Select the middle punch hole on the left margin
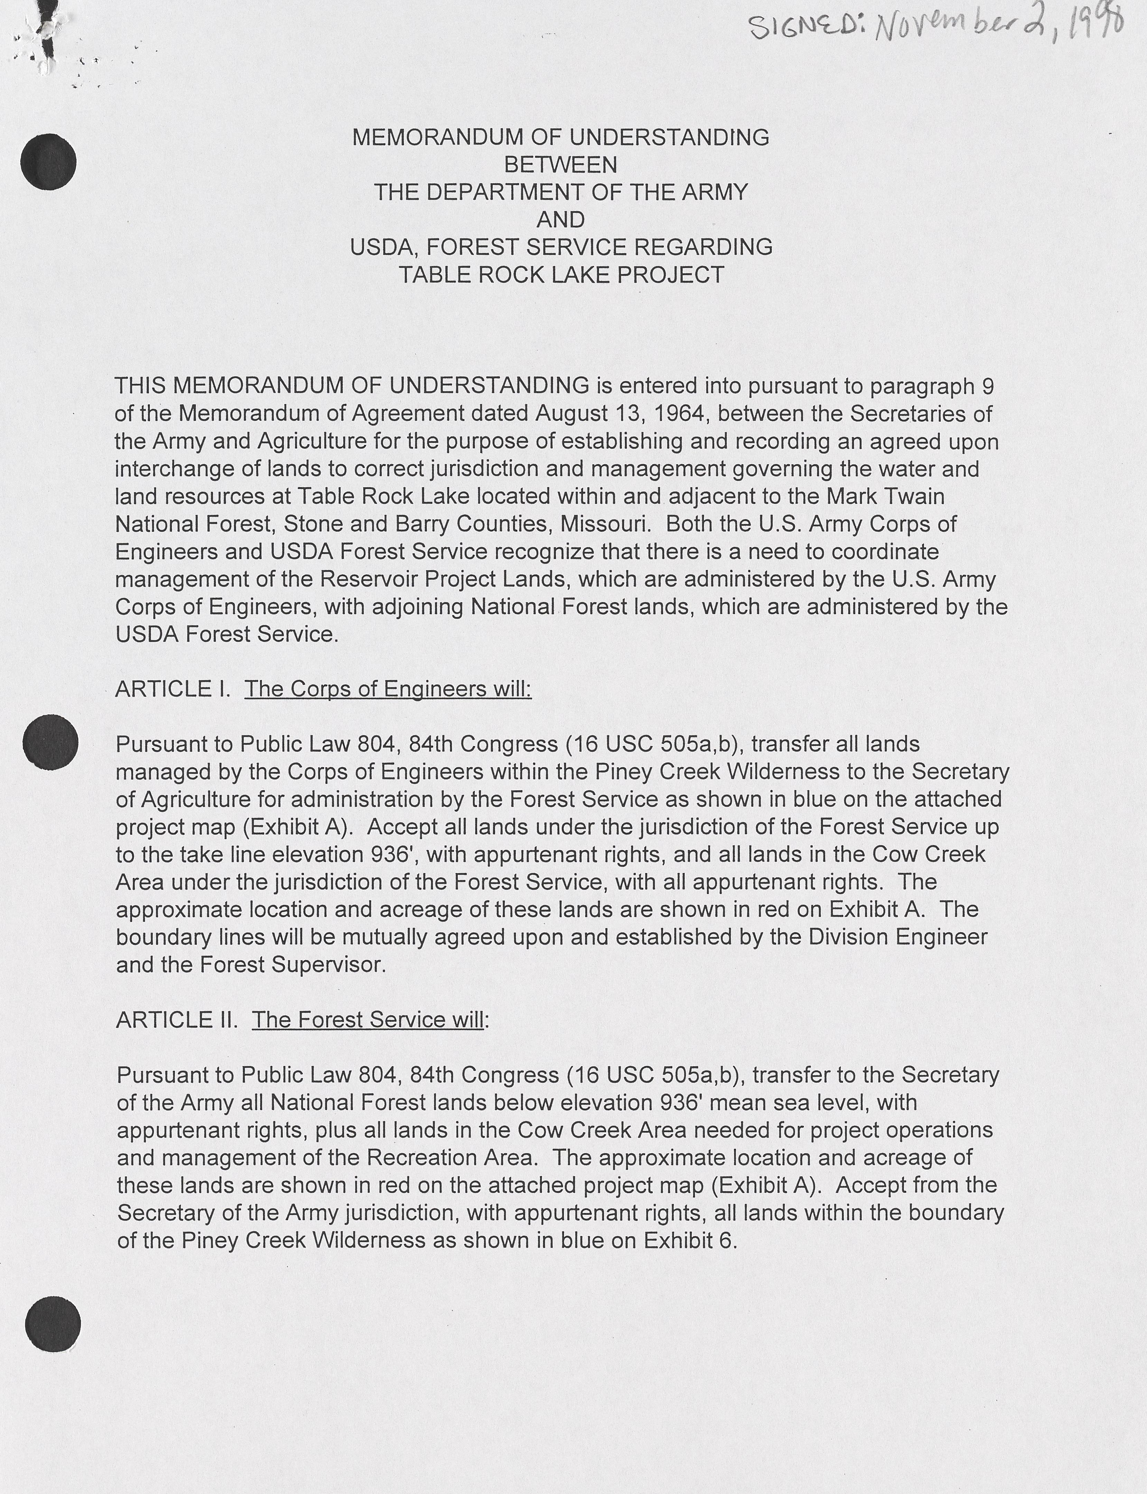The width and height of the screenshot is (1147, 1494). click(50, 742)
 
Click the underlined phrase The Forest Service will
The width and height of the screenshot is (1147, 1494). click(369, 1020)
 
